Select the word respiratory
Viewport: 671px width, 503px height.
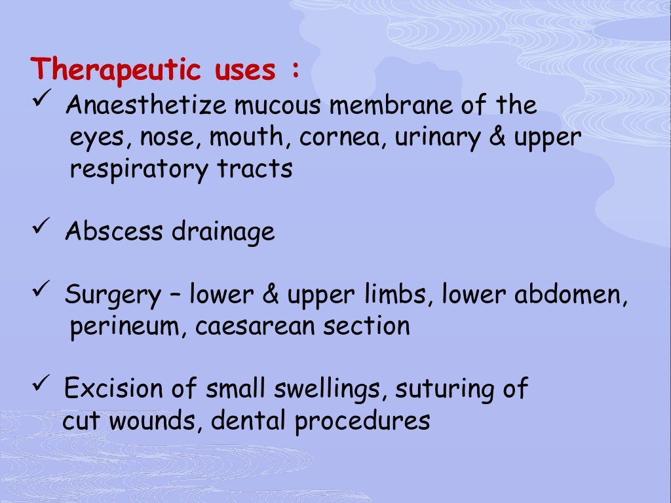pyautogui.click(x=139, y=170)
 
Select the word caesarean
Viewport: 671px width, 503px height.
pyautogui.click(x=254, y=326)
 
